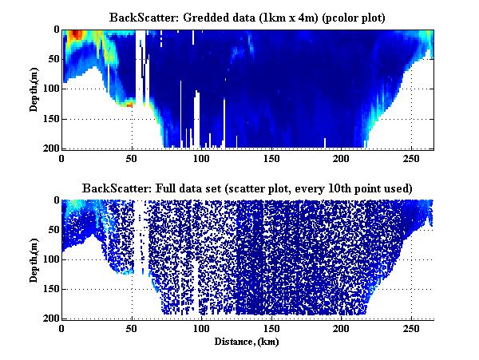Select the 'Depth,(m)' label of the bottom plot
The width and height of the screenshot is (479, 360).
pos(35,259)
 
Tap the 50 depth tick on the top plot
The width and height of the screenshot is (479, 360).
pos(52,59)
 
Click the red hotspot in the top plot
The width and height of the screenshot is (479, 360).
pos(75,34)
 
